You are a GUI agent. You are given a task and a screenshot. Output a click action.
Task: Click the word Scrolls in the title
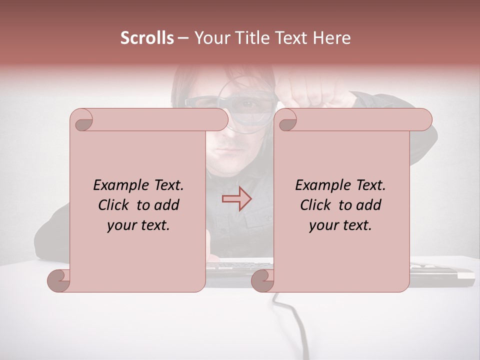click(x=147, y=38)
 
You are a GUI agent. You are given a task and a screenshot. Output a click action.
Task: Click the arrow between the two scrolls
click(x=236, y=199)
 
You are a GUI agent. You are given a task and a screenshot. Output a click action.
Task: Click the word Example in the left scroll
click(x=118, y=185)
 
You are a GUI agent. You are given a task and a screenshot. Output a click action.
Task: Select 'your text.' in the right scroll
click(x=340, y=225)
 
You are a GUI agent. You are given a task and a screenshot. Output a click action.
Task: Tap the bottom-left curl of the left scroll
click(x=58, y=280)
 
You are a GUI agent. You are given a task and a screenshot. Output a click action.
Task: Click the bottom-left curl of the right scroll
click(x=262, y=280)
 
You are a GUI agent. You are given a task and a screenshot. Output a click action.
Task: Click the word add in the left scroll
click(x=166, y=205)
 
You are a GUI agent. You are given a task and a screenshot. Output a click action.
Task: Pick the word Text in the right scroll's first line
click(x=370, y=185)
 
